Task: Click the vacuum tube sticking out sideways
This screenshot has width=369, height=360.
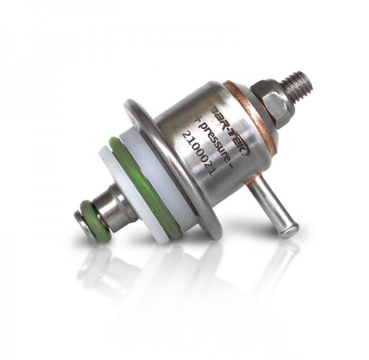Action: [x=272, y=207]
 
